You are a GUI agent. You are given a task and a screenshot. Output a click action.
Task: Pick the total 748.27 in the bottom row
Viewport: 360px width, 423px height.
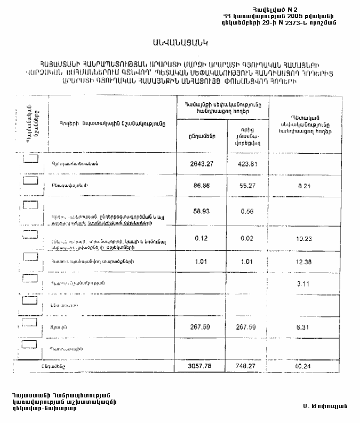coord(247,366)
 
